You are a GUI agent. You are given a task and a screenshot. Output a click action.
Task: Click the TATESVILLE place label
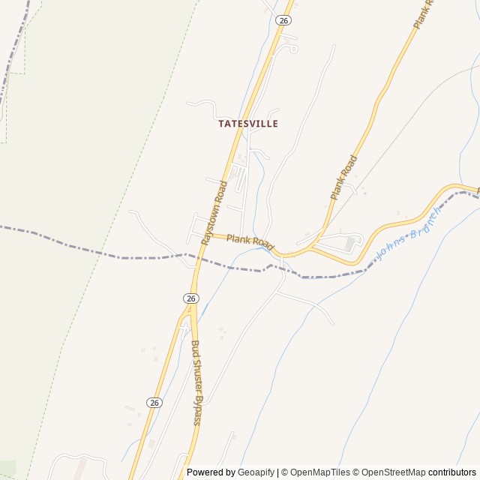248,124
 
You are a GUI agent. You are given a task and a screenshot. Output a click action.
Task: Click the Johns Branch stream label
409,232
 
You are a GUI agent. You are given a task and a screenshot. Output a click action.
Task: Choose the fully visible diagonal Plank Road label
344,177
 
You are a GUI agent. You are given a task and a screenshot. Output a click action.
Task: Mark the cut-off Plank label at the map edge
424,13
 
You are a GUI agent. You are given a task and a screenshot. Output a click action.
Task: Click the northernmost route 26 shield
283,20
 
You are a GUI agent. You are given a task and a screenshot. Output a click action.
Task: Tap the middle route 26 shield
191,298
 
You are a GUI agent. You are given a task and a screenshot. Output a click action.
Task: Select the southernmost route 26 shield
154,403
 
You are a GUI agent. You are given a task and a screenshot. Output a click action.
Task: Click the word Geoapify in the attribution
256,472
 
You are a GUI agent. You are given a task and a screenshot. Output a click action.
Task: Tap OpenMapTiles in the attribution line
319,472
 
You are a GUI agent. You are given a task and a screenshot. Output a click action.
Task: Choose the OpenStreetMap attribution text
394,472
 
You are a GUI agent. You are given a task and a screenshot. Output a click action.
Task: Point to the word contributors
452,472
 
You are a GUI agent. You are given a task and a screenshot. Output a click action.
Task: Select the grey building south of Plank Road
349,244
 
